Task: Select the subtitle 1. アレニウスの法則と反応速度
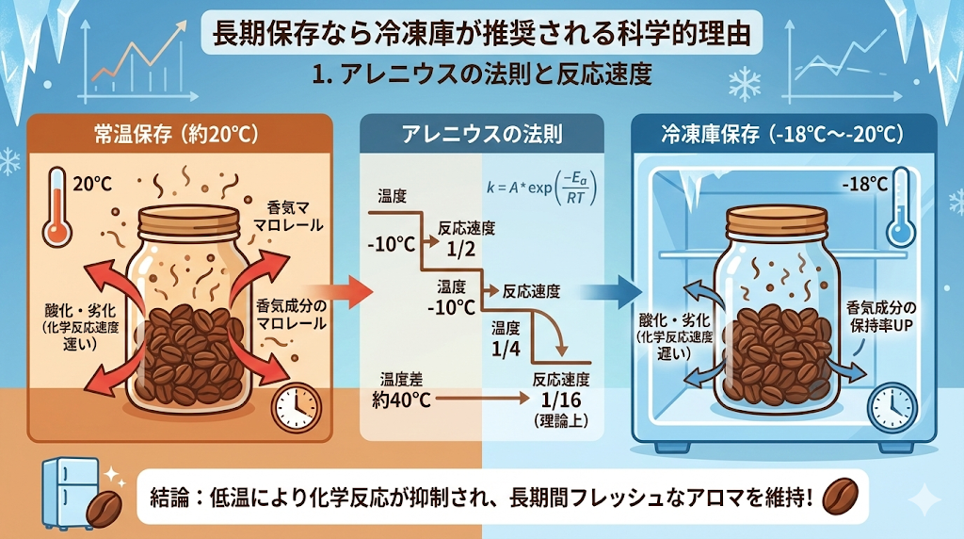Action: click(481, 74)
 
